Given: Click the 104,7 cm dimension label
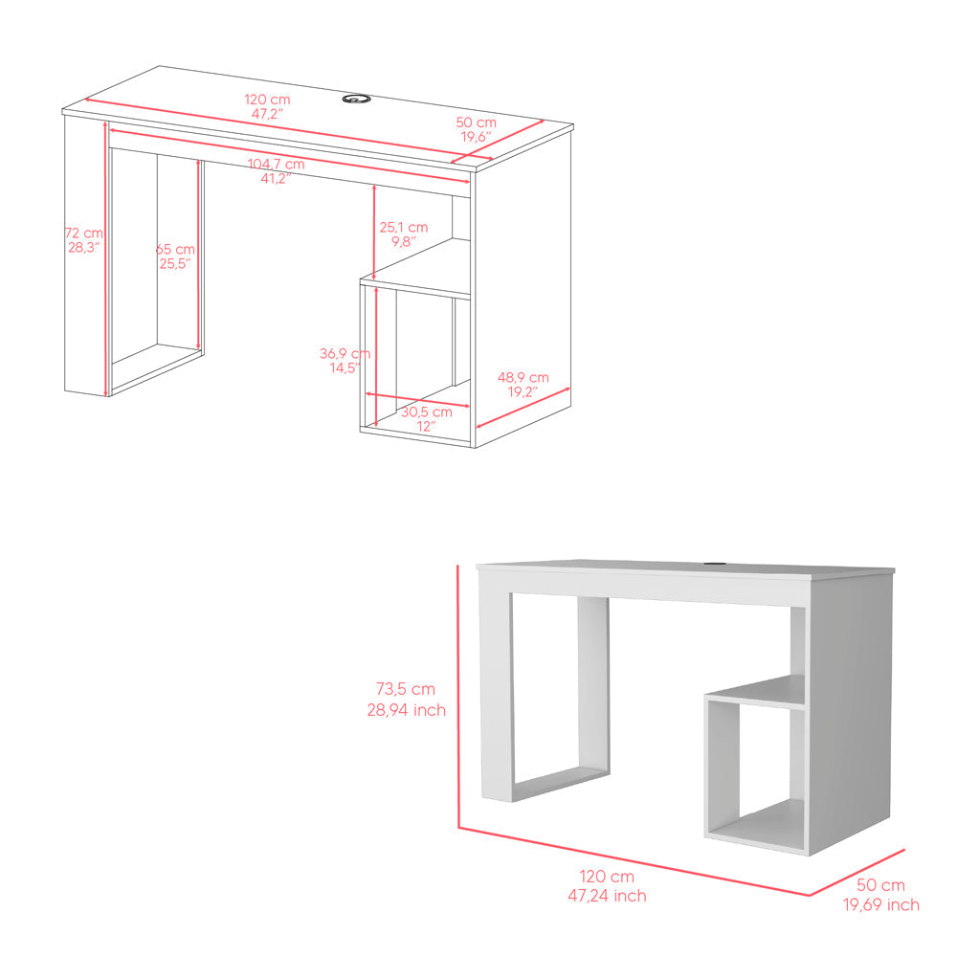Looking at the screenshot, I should (276, 164).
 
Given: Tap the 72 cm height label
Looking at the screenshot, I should (84, 233).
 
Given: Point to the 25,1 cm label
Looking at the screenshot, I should (403, 227).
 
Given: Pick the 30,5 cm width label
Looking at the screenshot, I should (426, 412).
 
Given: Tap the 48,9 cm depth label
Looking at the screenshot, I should (523, 377).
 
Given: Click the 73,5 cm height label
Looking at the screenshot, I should (406, 688).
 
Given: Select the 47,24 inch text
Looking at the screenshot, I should (606, 896).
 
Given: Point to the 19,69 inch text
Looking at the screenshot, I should (881, 904).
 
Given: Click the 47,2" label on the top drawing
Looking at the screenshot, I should (266, 114).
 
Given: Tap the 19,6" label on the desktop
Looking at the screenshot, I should (475, 138).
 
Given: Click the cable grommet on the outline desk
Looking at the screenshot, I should (357, 98).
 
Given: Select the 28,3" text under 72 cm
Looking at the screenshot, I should (84, 248).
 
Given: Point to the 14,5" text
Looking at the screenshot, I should (345, 367).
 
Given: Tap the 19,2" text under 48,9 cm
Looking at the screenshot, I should (523, 392).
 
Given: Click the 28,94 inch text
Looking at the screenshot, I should (406, 710).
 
